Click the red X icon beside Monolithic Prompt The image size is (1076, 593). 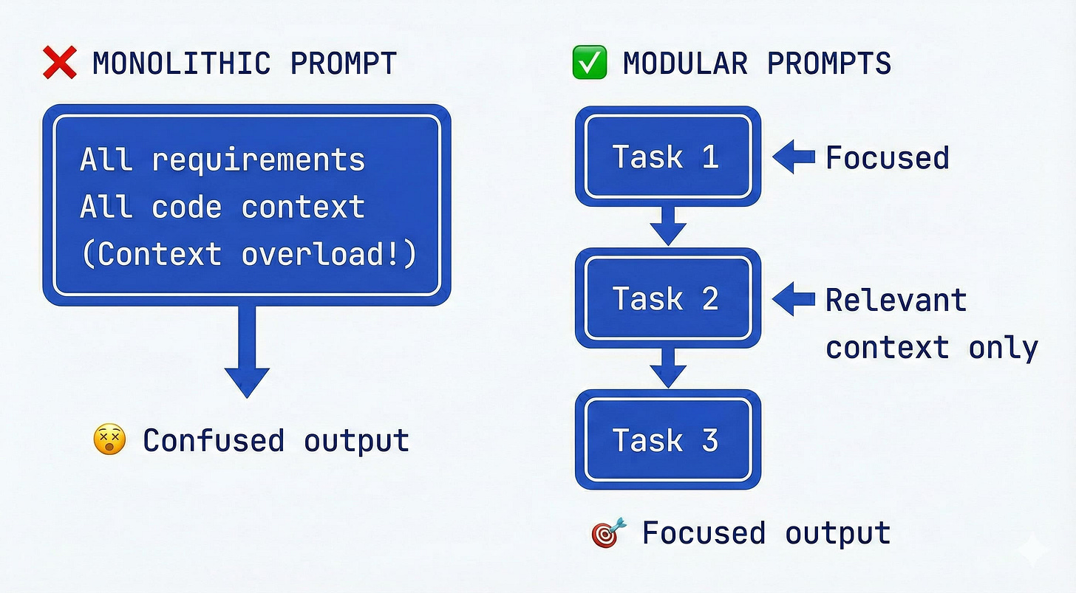tap(60, 63)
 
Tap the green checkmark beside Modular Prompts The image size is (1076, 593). tap(590, 63)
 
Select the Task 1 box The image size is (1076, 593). tap(668, 157)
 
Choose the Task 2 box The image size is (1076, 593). tap(668, 298)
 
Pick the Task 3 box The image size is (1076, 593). tap(668, 440)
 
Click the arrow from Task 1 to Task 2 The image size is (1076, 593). tap(668, 225)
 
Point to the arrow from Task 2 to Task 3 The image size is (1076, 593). tap(668, 367)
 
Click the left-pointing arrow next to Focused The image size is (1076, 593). tap(793, 157)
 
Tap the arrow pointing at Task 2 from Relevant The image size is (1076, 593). tap(793, 299)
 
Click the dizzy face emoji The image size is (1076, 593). tap(109, 440)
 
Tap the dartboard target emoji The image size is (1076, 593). tap(609, 533)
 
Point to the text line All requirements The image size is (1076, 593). tap(222, 160)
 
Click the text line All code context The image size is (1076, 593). tap(222, 208)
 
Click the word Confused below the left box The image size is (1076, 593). tap(214, 441)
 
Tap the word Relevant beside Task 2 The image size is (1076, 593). tap(896, 301)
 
